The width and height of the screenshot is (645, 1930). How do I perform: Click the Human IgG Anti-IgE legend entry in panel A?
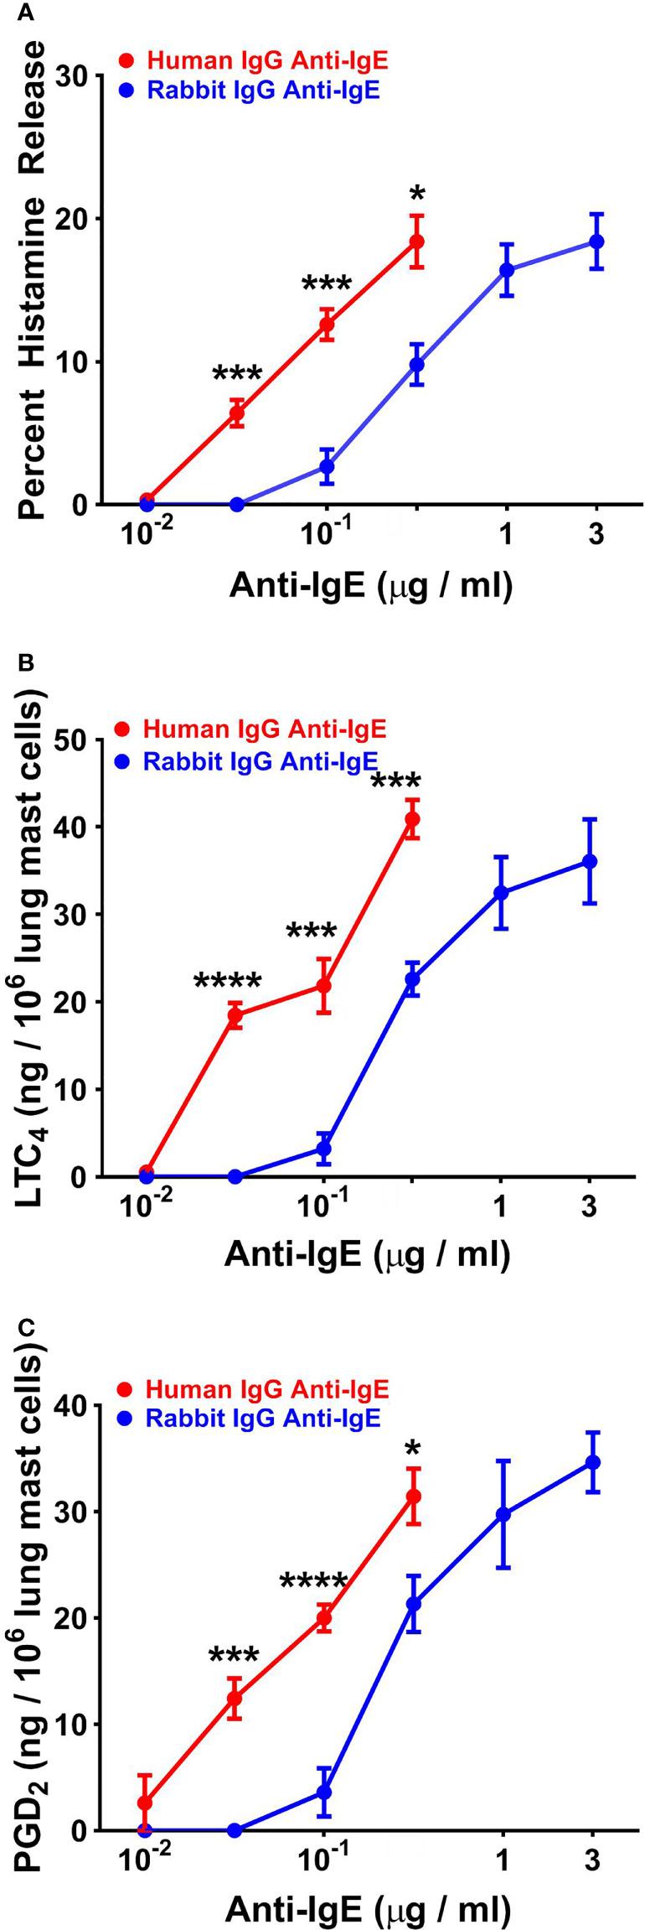255,60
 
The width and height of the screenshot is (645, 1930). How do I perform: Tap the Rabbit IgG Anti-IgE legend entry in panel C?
250,1417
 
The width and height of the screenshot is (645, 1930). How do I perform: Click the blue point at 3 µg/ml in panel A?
596,241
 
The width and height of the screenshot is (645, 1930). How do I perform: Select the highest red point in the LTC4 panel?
411,818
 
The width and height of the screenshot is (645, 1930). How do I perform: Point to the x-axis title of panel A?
370,588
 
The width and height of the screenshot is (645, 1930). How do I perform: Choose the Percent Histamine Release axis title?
33,281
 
